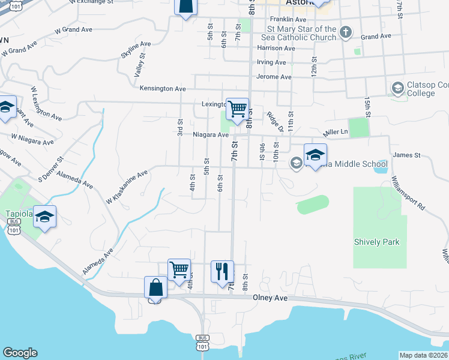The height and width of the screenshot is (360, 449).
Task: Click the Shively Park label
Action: pyautogui.click(x=376, y=242)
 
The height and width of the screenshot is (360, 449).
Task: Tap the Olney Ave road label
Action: pyautogui.click(x=271, y=298)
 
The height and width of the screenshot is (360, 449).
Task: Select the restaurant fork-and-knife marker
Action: pyautogui.click(x=222, y=271)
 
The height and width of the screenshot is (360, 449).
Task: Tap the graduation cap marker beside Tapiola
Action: pyautogui.click(x=44, y=217)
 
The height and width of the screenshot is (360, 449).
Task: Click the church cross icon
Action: pyautogui.click(x=346, y=32)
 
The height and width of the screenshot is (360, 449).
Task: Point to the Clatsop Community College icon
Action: pyautogui.click(x=397, y=89)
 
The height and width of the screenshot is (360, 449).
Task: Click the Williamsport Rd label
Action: pyautogui.click(x=408, y=193)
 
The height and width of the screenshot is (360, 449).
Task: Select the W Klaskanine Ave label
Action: pyautogui.click(x=127, y=187)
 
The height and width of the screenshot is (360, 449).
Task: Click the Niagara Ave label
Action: pyautogui.click(x=211, y=135)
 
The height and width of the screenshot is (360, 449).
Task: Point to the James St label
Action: pyautogui.click(x=406, y=155)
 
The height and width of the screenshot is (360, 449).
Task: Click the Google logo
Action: pyautogui.click(x=19, y=353)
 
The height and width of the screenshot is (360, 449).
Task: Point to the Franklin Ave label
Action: pyautogui.click(x=288, y=19)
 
